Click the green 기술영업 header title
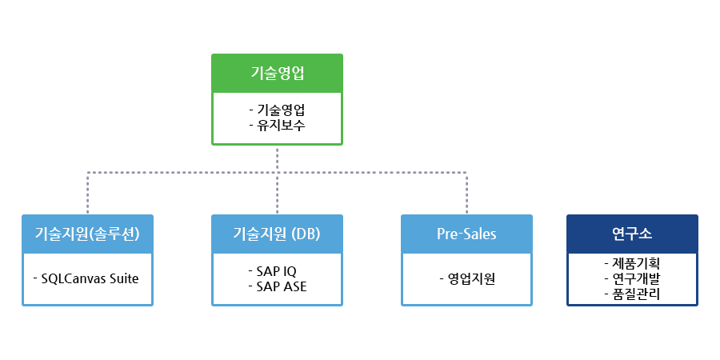(x=277, y=74)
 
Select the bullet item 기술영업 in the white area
(x=281, y=110)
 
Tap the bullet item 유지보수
(x=281, y=125)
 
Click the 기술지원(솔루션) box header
(x=87, y=234)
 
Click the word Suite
(x=123, y=278)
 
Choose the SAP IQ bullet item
(x=277, y=271)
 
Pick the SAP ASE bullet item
(x=282, y=286)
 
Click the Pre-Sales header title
(x=466, y=234)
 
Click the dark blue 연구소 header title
(x=632, y=234)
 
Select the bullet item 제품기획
(x=636, y=263)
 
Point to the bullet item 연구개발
(x=636, y=278)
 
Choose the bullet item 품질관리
(x=636, y=294)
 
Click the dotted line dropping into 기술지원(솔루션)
(x=87, y=194)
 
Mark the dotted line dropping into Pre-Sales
(x=466, y=194)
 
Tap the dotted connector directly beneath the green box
(x=277, y=159)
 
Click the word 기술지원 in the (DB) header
(x=260, y=234)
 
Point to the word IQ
(x=290, y=271)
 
